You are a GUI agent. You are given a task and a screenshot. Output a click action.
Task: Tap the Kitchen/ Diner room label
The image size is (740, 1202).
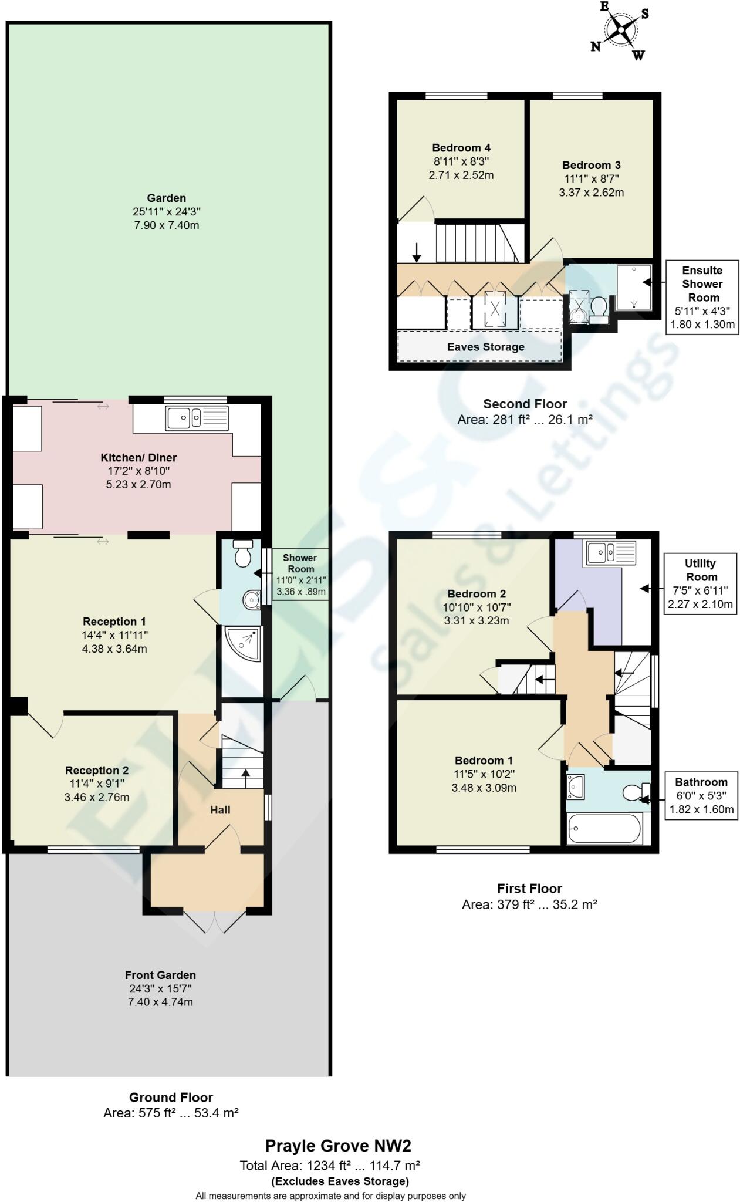[x=138, y=458]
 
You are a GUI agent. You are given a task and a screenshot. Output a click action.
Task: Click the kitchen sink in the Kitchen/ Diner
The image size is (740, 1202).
[x=197, y=418]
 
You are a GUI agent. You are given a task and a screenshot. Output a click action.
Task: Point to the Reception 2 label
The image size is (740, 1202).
[x=97, y=770]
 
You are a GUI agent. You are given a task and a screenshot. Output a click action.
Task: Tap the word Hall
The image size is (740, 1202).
[x=220, y=810]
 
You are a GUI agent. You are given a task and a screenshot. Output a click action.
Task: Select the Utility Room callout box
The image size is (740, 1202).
[x=701, y=583]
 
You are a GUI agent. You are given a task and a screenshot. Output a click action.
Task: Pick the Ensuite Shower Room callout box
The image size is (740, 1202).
[x=702, y=297]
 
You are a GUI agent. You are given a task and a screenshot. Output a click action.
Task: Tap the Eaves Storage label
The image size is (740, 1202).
[x=485, y=347]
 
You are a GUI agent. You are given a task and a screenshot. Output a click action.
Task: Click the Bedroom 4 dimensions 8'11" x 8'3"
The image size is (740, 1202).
[x=461, y=161]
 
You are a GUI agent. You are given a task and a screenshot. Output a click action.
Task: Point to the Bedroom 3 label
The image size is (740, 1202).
[x=591, y=166]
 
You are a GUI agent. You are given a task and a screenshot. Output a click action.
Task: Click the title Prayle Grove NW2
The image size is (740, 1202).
[x=338, y=1146]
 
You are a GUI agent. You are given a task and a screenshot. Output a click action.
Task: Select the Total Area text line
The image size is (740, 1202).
[x=329, y=1166]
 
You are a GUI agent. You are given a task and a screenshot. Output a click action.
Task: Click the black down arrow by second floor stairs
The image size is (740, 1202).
[x=417, y=252]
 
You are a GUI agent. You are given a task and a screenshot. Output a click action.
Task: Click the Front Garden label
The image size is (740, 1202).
[x=160, y=975]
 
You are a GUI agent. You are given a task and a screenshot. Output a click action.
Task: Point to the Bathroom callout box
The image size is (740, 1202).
[x=701, y=795]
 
